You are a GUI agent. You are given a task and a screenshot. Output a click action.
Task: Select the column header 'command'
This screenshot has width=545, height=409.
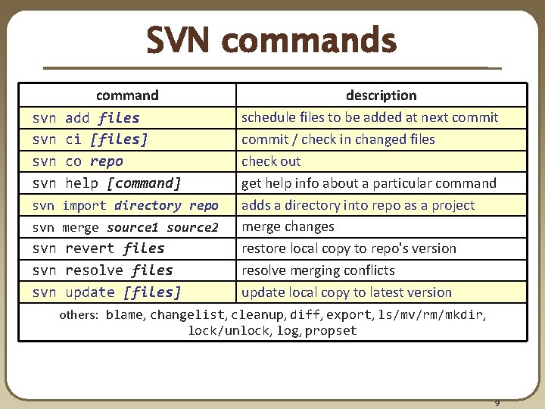pyautogui.click(x=127, y=95)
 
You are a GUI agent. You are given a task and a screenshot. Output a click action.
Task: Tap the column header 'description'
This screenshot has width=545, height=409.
pyautogui.click(x=381, y=95)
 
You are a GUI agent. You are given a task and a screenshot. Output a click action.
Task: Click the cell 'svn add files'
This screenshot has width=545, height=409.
pyautogui.click(x=86, y=117)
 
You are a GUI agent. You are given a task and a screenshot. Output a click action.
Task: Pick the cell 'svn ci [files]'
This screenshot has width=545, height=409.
pyautogui.click(x=90, y=139)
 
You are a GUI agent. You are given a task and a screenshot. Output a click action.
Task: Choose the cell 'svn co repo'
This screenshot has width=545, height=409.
pyautogui.click(x=77, y=161)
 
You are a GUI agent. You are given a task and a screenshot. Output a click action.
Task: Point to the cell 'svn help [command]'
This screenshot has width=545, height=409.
pyautogui.click(x=107, y=183)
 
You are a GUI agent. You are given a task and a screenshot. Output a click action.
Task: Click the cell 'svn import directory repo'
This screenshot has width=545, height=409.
pyautogui.click(x=125, y=205)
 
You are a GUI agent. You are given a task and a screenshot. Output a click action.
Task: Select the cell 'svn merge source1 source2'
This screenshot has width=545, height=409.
pyautogui.click(x=125, y=227)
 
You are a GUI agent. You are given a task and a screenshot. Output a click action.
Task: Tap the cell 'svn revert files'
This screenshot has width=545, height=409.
pyautogui.click(x=98, y=248)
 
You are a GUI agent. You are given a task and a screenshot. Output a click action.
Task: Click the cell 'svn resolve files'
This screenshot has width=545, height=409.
pyautogui.click(x=102, y=270)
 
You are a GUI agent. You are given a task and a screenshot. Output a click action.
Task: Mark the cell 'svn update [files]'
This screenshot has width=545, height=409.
pyautogui.click(x=107, y=292)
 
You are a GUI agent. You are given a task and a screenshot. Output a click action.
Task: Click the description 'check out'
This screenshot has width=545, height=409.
pyautogui.click(x=271, y=161)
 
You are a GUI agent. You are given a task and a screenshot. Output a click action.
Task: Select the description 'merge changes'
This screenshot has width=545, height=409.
pyautogui.click(x=288, y=227)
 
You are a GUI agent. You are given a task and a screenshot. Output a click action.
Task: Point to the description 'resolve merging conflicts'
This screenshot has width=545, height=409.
pyautogui.click(x=318, y=270)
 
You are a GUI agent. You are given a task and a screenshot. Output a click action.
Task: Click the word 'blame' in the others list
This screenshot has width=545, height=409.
pyautogui.click(x=125, y=315)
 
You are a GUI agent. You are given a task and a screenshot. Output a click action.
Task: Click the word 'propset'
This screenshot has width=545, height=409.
pyautogui.click(x=331, y=331)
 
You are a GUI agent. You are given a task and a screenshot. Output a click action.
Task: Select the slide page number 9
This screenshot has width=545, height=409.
pyautogui.click(x=497, y=402)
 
